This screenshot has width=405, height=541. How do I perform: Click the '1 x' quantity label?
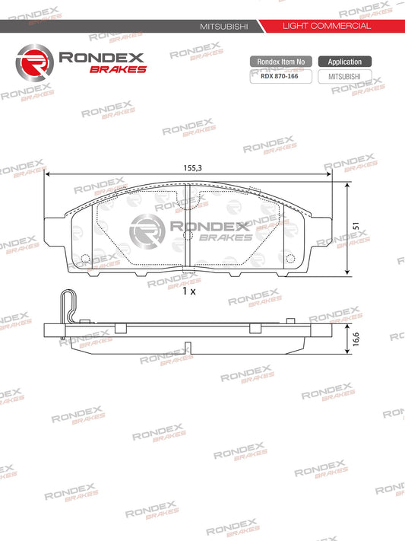tap(189, 291)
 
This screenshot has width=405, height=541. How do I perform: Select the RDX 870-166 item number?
tap(280, 76)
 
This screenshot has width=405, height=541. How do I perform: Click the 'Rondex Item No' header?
tap(280, 61)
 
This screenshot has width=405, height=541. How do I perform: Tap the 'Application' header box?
tap(344, 61)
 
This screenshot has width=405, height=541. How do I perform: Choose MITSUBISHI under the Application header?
tap(344, 76)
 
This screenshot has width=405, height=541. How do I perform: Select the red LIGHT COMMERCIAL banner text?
tap(326, 27)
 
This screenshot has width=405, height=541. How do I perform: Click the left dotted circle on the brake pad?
tap(85, 256)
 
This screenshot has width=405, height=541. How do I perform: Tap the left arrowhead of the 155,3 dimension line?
tap(49, 176)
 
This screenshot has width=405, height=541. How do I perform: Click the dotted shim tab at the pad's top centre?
tap(189, 199)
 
